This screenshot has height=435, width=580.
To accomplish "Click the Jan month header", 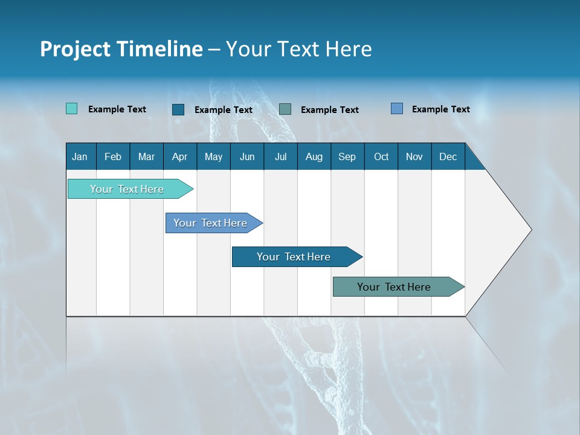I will [80, 156].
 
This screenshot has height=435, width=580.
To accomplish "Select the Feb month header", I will [113, 156].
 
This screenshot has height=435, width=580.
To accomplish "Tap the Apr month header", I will [180, 156].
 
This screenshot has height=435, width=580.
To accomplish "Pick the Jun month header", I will [247, 156].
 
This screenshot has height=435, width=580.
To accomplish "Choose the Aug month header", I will [314, 156].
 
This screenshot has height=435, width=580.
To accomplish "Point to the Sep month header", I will [347, 156].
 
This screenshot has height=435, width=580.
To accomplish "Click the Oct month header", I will [381, 156].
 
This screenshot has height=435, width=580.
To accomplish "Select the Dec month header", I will [448, 156].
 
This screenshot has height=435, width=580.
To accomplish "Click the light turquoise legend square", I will [72, 109].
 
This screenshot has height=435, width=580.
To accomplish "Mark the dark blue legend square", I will [178, 109].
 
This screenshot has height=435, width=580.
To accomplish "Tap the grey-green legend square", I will [285, 109].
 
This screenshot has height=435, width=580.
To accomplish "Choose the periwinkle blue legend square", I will [397, 109].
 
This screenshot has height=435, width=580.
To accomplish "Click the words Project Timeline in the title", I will [121, 49].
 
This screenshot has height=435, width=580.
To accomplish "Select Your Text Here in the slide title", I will [299, 49].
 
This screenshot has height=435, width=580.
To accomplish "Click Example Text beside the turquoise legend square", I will [117, 109].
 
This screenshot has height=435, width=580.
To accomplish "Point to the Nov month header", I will [414, 156].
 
